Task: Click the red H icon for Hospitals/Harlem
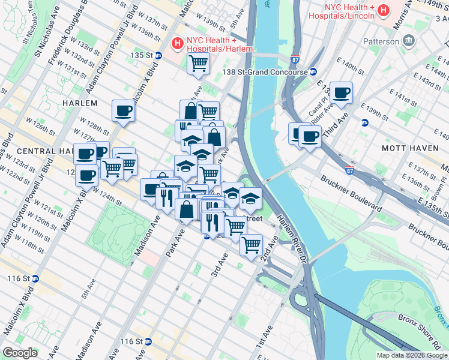coord(177,43)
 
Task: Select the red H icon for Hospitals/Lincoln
coord(383,11)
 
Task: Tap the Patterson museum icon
coord(409,41)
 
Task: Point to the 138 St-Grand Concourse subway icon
coord(313,72)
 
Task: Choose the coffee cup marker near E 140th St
coord(342,92)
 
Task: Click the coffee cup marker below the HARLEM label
coord(123,110)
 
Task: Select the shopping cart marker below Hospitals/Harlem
coord(198,63)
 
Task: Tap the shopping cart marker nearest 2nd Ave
coord(251,244)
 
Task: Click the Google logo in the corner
coord(20,353)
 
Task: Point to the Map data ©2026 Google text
coord(411,355)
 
